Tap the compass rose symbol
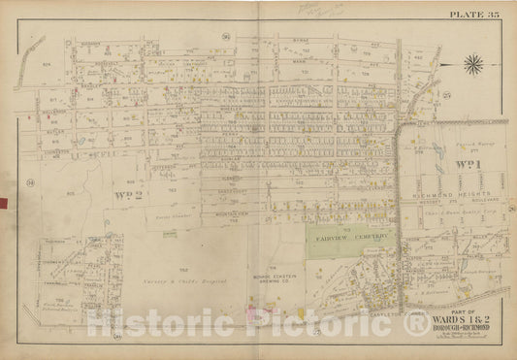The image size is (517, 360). pos(474,65)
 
